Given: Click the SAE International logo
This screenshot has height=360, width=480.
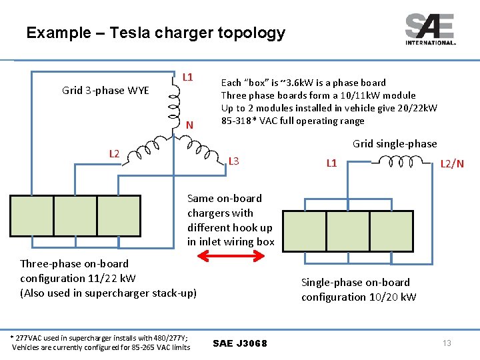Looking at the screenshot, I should tap(430, 29).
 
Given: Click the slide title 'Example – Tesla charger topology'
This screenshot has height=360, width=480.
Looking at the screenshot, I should tap(155, 33).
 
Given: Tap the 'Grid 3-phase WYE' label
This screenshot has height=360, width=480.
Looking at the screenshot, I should tap(105, 90).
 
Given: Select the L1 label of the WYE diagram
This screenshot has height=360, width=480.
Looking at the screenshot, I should tap(188, 77).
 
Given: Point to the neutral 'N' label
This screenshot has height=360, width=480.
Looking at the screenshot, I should tap(189, 125).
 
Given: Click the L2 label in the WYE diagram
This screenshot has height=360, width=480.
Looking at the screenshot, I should tap(114, 154).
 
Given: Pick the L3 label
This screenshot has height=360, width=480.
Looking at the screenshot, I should tap(233, 161).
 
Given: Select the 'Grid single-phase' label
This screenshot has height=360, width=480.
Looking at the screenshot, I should tap(395, 143).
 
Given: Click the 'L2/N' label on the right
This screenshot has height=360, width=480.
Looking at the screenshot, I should tap(452, 163).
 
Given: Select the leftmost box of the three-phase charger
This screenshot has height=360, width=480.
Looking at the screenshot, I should tap(31, 217).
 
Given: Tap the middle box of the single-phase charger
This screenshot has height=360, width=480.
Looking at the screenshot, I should tap(347, 231).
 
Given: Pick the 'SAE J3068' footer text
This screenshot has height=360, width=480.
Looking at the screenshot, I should tap(240, 343).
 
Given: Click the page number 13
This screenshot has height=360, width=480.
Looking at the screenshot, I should tap(447, 343).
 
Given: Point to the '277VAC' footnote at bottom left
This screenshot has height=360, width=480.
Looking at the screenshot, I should tap(101, 342).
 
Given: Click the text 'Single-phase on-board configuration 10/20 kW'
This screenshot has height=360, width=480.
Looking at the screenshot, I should tap(359, 289).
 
